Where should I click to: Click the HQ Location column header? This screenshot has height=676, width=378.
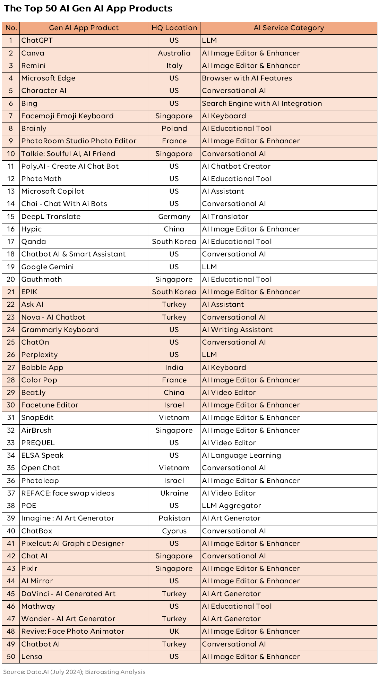pyautogui.click(x=174, y=28)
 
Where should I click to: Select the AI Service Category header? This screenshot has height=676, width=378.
pyautogui.click(x=289, y=28)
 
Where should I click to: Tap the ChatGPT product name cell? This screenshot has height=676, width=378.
pyautogui.click(x=37, y=41)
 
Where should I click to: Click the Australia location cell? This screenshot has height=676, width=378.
pyautogui.click(x=174, y=53)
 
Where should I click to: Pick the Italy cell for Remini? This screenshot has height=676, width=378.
pyautogui.click(x=174, y=66)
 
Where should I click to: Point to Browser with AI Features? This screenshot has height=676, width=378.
pyautogui.click(x=247, y=78)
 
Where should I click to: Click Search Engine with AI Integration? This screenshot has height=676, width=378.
pyautogui.click(x=262, y=103)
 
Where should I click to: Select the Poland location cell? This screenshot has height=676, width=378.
pyautogui.click(x=174, y=128)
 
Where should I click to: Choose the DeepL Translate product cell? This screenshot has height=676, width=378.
pyautogui.click(x=51, y=217)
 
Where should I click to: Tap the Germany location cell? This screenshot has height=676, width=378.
pyautogui.click(x=174, y=217)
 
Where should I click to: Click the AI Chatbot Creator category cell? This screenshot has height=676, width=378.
pyautogui.click(x=236, y=166)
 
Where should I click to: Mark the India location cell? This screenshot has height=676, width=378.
pyautogui.click(x=174, y=367)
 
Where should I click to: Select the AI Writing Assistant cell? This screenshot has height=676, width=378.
pyautogui.click(x=237, y=330)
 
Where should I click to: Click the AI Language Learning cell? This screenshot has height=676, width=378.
pyautogui.click(x=241, y=455)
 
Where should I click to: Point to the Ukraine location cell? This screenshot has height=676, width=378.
pyautogui.click(x=174, y=493)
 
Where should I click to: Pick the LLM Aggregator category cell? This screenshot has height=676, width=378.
pyautogui.click(x=231, y=506)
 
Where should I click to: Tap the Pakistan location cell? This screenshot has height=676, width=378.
pyautogui.click(x=174, y=518)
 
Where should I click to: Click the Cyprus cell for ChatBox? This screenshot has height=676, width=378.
pyautogui.click(x=174, y=531)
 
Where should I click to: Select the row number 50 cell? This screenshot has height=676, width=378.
pyautogui.click(x=11, y=657)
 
